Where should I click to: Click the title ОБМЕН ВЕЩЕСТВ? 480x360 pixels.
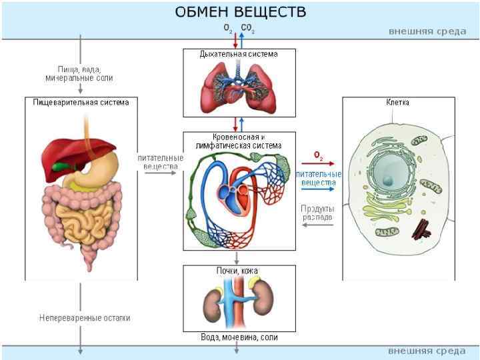pyautogui.click(x=241, y=12)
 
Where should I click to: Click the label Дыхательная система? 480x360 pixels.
pyautogui.click(x=238, y=54)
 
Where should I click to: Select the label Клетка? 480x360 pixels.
pyautogui.click(x=397, y=103)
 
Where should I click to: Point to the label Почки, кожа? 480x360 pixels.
pyautogui.click(x=237, y=271)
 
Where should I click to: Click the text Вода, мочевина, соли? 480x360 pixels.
pyautogui.click(x=239, y=337)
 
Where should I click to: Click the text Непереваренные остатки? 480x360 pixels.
pyautogui.click(x=85, y=318)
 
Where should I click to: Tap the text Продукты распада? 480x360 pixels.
pyautogui.click(x=317, y=213)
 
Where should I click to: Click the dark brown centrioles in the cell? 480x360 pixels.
pyautogui.click(x=421, y=230)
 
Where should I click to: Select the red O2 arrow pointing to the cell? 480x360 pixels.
pyautogui.click(x=317, y=162)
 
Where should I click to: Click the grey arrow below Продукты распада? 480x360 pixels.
pyautogui.click(x=317, y=225)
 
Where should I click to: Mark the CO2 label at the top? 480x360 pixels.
pyautogui.click(x=247, y=29)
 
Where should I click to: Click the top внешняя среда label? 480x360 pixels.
pyautogui.click(x=427, y=31)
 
